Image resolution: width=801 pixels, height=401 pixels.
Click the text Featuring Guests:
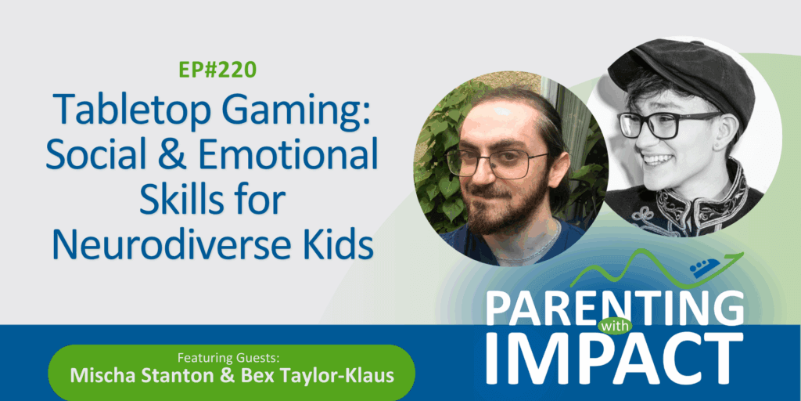pos(232,356)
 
